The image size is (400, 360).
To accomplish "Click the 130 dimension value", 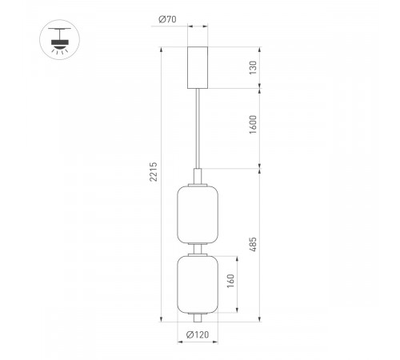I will pyautogui.click(x=253, y=70).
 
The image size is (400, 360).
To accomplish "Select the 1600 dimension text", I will pyautogui.click(x=253, y=125).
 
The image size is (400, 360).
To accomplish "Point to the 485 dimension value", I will pyautogui.click(x=253, y=245).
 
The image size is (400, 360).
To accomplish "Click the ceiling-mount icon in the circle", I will pyautogui.click(x=56, y=38).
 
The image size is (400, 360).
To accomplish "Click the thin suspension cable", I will pyautogui.click(x=198, y=128).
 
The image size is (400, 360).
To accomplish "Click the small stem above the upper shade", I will pyautogui.click(x=198, y=176).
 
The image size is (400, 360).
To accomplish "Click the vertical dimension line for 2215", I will pyautogui.click(x=162, y=240).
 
